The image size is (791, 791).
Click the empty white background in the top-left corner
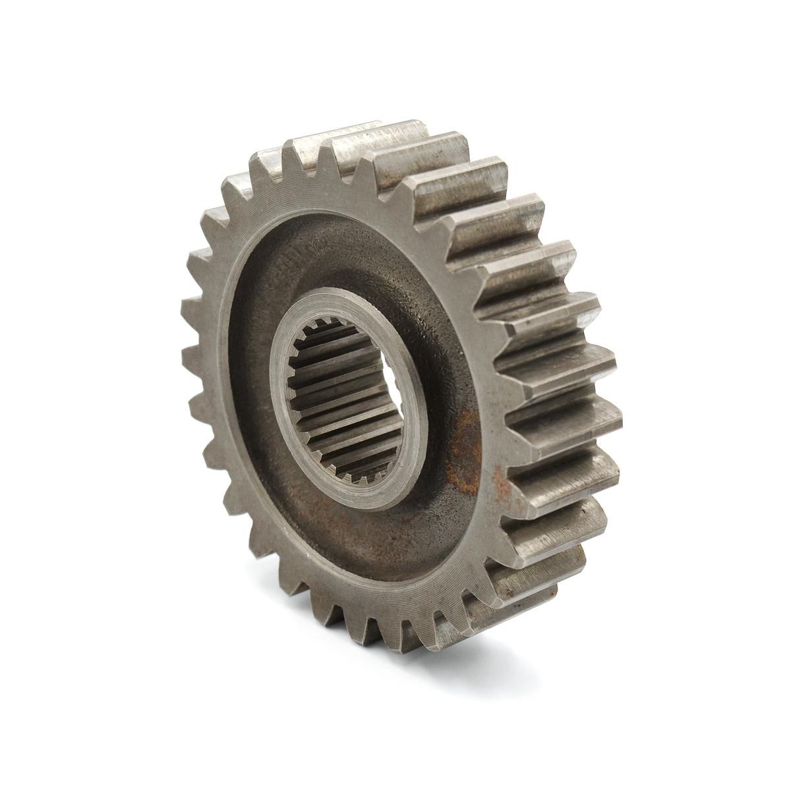pyautogui.click(x=53, y=53)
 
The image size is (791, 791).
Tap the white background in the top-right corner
pyautogui.click(x=738, y=53)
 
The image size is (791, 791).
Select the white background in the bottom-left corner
pyautogui.click(x=53, y=738)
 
